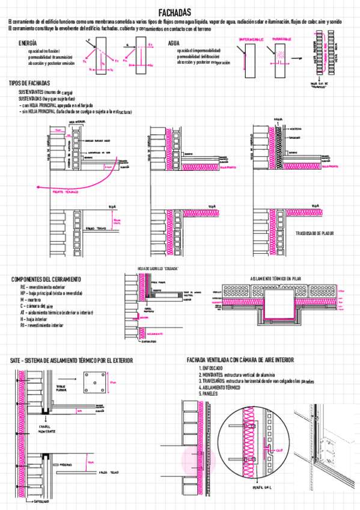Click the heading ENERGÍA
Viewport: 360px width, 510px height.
click(x=28, y=44)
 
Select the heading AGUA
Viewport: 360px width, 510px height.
click(x=174, y=43)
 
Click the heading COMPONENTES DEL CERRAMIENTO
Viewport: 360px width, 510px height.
click(x=46, y=280)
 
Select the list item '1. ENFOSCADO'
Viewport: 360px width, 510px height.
click(x=211, y=367)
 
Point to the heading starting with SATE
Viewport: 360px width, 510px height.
click(x=72, y=360)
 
